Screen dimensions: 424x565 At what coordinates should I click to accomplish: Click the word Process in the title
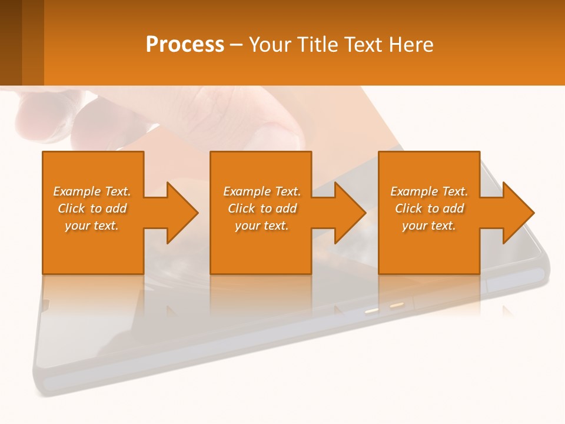[185, 45]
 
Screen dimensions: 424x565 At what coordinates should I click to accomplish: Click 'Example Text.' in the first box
[92, 191]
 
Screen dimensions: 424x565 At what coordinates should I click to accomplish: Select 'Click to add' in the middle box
[262, 208]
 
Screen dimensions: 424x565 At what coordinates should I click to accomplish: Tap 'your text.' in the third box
[428, 226]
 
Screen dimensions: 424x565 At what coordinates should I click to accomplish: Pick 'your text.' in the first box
[92, 226]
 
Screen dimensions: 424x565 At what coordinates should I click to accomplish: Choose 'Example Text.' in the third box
[429, 191]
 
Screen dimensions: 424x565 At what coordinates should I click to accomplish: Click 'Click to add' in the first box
[92, 208]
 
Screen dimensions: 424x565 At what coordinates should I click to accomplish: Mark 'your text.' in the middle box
[262, 226]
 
